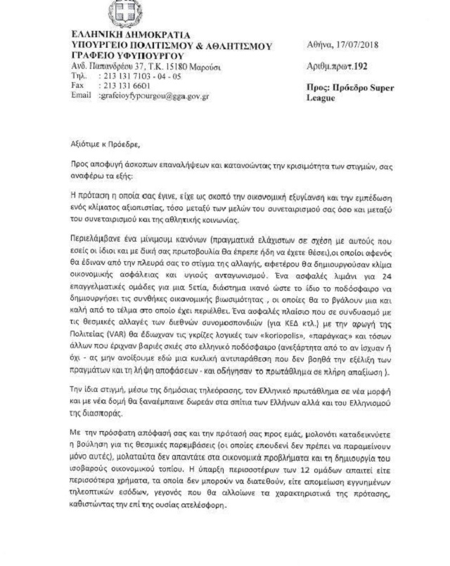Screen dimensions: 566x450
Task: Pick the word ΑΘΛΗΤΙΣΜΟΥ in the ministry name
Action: pos(235,46)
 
